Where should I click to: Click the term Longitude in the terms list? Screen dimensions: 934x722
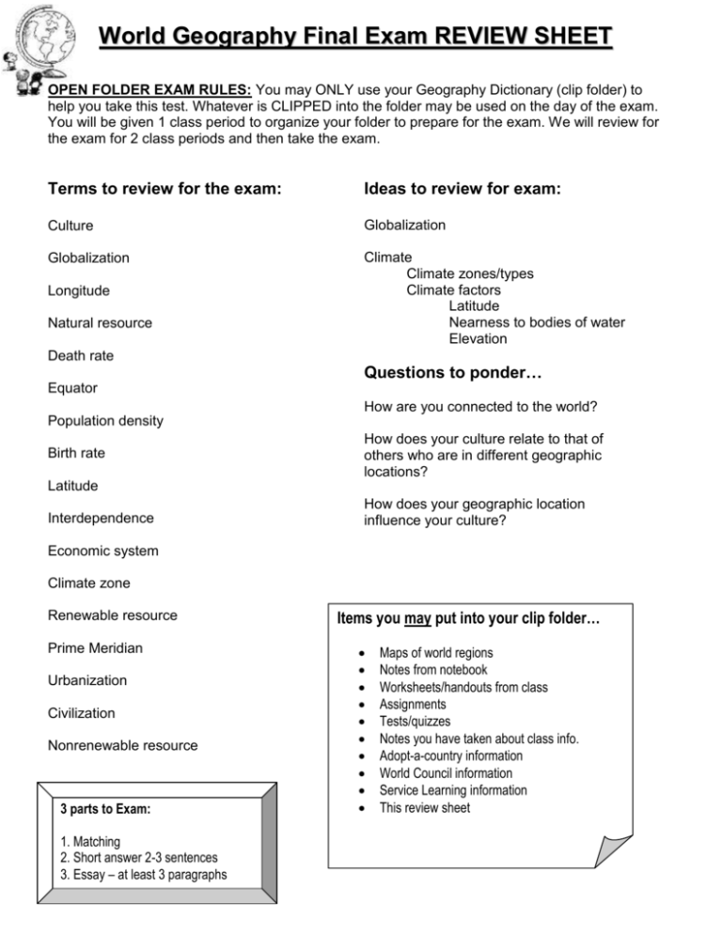point(80,290)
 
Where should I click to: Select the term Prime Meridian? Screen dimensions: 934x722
point(96,647)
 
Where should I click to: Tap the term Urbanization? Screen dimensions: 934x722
point(87,680)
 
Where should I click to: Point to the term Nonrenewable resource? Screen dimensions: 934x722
point(122,745)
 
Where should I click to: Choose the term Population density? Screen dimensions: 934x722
point(105,420)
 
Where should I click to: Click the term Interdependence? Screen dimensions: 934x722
point(102,518)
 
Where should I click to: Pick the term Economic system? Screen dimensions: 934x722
point(102,551)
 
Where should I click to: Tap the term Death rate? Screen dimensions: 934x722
point(82,355)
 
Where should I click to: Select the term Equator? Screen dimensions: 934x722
point(72,387)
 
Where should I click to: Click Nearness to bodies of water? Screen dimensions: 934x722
point(536,322)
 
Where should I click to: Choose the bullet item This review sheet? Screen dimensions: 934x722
point(425,807)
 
